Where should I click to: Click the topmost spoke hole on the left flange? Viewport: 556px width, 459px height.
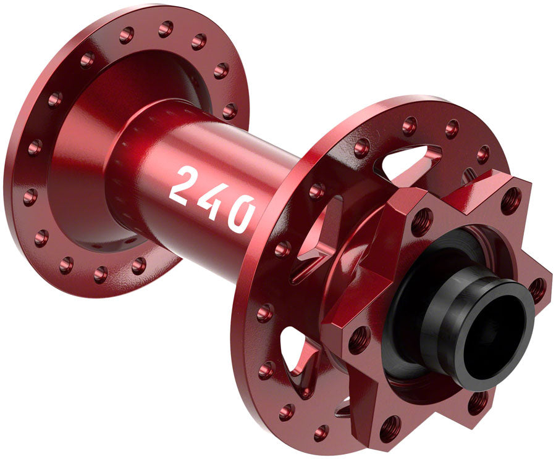point(166,28)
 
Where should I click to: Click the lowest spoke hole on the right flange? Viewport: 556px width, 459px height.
point(321,432)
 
